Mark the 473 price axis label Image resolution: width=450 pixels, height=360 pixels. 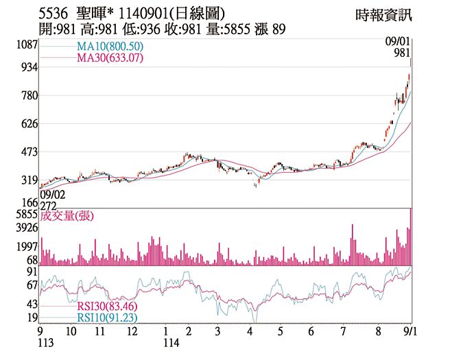29,152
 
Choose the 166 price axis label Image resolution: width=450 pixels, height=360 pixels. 29,203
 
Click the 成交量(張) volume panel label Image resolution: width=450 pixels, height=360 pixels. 67,216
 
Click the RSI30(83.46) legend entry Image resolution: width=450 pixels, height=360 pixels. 106,307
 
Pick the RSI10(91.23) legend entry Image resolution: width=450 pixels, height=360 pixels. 106,318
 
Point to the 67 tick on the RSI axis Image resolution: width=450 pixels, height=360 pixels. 32,285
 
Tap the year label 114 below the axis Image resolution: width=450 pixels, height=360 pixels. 167,342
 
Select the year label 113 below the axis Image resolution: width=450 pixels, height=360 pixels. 46,342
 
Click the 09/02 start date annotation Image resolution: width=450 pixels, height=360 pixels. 51,195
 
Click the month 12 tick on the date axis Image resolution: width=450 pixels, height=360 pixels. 132,331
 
